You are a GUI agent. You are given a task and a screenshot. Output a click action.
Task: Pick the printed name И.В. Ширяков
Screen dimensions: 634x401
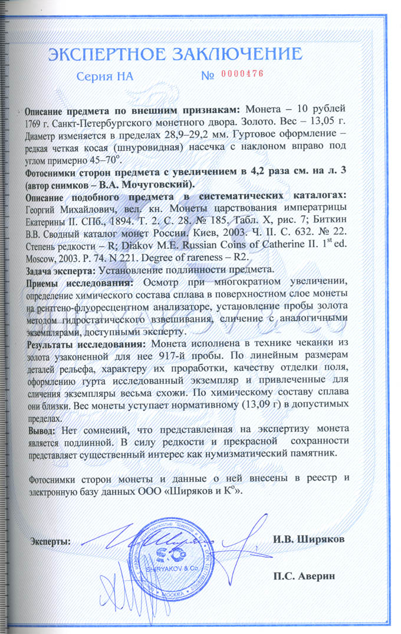308,539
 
